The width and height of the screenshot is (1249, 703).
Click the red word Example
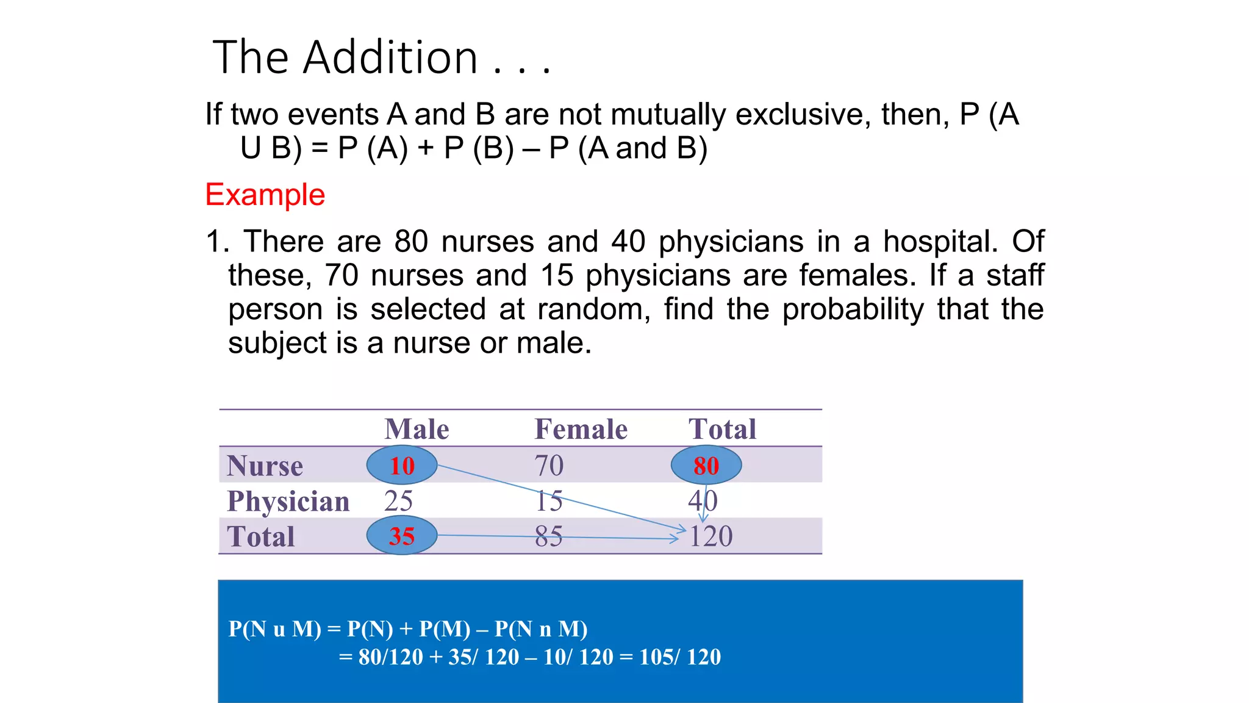[265, 195]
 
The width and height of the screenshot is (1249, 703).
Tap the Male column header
[417, 429]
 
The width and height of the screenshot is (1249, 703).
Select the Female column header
[581, 429]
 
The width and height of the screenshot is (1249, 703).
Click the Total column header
[722, 429]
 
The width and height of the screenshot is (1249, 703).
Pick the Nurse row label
[265, 466]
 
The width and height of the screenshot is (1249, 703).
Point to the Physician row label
[288, 501]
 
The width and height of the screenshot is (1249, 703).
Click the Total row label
[260, 537]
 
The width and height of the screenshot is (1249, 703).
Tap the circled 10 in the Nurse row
[402, 466]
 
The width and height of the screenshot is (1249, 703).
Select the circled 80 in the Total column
[706, 466]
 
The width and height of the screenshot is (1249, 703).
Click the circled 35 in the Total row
[402, 536]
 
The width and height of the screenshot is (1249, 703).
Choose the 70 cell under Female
[549, 466]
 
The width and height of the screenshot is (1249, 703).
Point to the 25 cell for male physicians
[398, 501]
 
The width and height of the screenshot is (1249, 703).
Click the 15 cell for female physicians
[549, 501]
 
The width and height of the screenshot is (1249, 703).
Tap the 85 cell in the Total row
[549, 536]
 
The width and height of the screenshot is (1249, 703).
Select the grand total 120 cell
[710, 536]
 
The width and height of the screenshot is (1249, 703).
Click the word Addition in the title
[390, 57]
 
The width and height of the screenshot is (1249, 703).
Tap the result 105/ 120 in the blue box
[680, 657]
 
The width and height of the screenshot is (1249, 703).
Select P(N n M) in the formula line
[541, 629]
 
